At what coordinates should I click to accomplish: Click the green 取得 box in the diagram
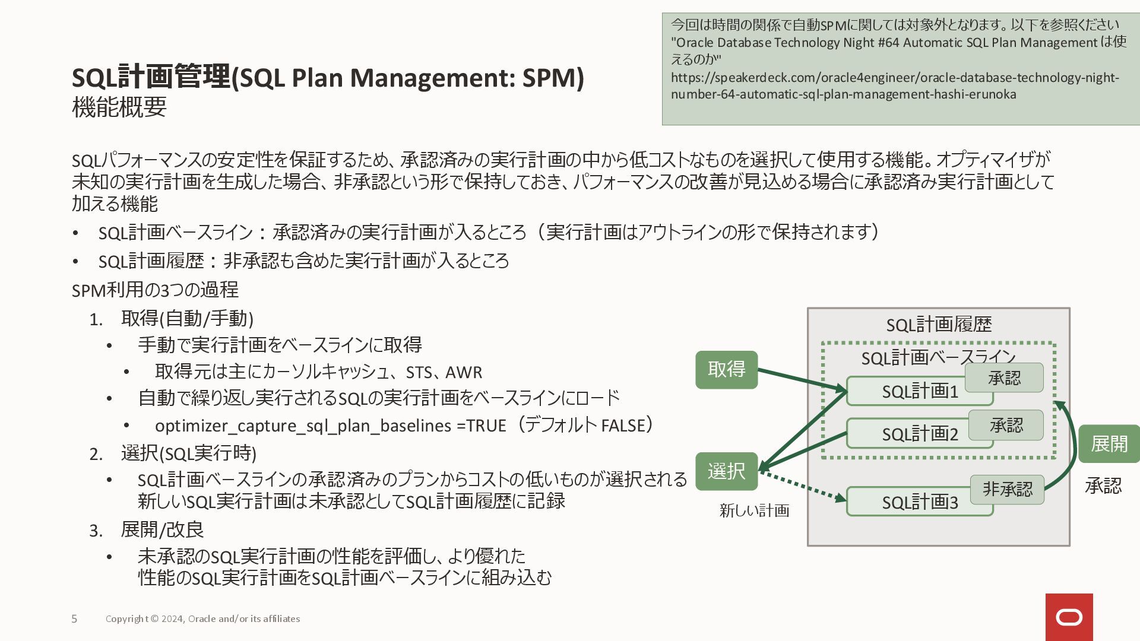(x=726, y=370)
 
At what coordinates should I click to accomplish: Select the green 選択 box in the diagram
(x=726, y=471)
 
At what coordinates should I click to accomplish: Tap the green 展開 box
(x=1109, y=444)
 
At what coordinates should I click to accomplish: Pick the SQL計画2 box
(x=908, y=434)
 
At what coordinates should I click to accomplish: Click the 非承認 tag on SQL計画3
(x=1007, y=489)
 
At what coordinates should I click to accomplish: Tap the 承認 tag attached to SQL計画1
(x=1004, y=378)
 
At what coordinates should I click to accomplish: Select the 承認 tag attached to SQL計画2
(x=1006, y=425)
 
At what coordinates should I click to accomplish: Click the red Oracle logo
(x=1069, y=617)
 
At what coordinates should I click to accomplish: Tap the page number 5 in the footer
(x=74, y=619)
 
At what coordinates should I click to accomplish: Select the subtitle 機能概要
(x=119, y=107)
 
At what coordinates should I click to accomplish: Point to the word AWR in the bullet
(x=464, y=373)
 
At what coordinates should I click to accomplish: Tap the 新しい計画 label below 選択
(x=754, y=510)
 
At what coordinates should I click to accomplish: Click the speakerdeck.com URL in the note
(x=894, y=85)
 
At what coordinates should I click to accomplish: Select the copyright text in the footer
(x=202, y=619)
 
